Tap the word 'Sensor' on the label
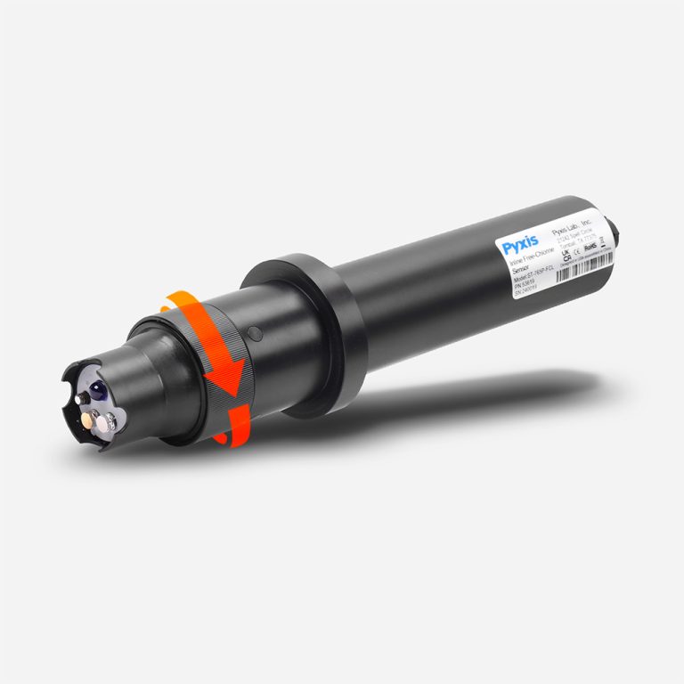point(520,277)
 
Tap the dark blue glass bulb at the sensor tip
point(96,388)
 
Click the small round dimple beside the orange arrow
point(254,334)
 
